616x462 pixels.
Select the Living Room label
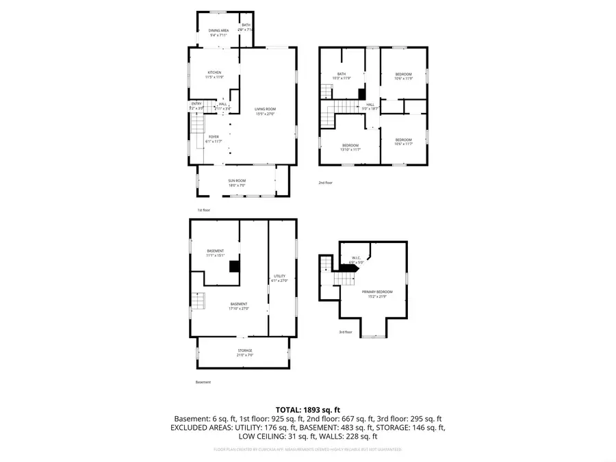point(265,112)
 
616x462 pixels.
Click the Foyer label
point(214,138)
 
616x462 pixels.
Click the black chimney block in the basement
point(234,266)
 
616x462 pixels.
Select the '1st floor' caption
point(203,210)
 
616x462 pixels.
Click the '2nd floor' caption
point(325,183)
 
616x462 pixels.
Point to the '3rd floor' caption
point(345,332)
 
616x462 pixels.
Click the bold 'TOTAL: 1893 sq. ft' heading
point(307,409)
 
